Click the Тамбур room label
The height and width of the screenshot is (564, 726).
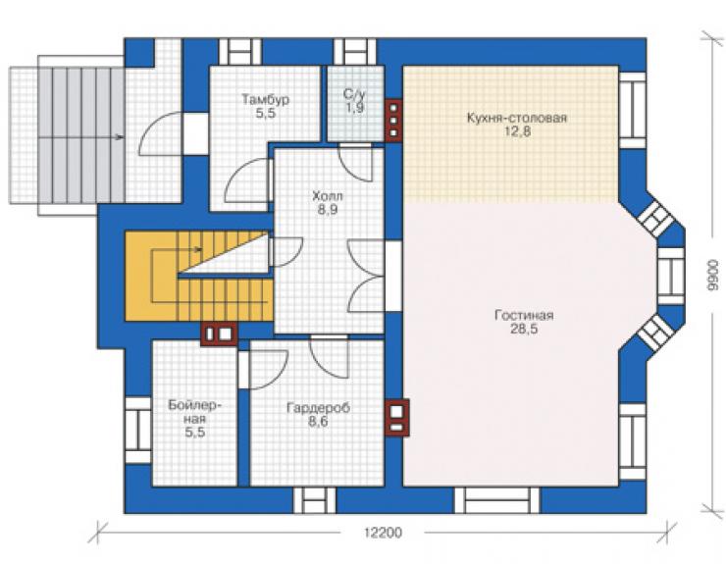pos(265,99)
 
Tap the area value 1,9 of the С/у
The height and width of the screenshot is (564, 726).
pos(355,108)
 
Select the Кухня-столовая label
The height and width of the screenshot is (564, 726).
pos(517,118)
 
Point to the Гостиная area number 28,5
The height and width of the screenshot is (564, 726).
pos(524,330)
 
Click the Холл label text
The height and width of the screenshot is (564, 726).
pos(328,196)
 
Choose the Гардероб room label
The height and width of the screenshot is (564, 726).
pos(318,408)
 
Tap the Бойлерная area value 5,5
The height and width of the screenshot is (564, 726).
pos(195,433)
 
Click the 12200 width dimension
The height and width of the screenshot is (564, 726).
pos(383,533)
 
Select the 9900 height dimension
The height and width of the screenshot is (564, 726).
pos(713,275)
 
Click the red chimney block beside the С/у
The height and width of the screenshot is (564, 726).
pos(393,121)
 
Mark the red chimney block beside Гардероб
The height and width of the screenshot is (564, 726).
pos(397,418)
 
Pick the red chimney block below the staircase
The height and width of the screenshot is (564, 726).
pos(219,333)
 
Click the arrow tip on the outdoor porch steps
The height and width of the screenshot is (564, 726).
pos(123,137)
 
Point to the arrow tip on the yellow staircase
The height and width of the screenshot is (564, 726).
pos(201,249)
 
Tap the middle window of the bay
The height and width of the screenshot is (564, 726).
pos(671,276)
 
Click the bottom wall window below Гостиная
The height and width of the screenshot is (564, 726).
pos(496,500)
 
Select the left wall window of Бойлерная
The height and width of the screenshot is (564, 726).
pos(138,430)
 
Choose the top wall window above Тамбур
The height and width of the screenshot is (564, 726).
pos(239,52)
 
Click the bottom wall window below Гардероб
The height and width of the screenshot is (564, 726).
pos(315,500)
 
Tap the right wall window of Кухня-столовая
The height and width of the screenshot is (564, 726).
pos(632,110)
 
